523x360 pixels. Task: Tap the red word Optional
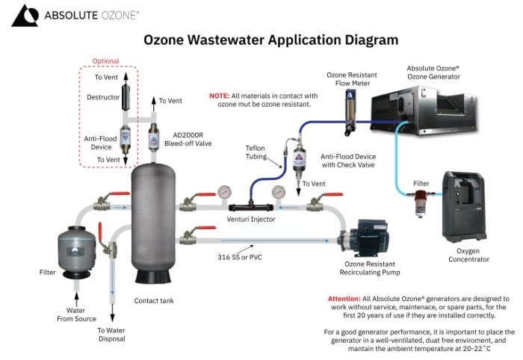click(105, 61)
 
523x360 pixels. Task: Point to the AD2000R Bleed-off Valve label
click(185, 138)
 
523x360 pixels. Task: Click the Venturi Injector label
click(251, 220)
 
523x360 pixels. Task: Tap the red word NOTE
click(219, 96)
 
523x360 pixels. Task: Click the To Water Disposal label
click(111, 334)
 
